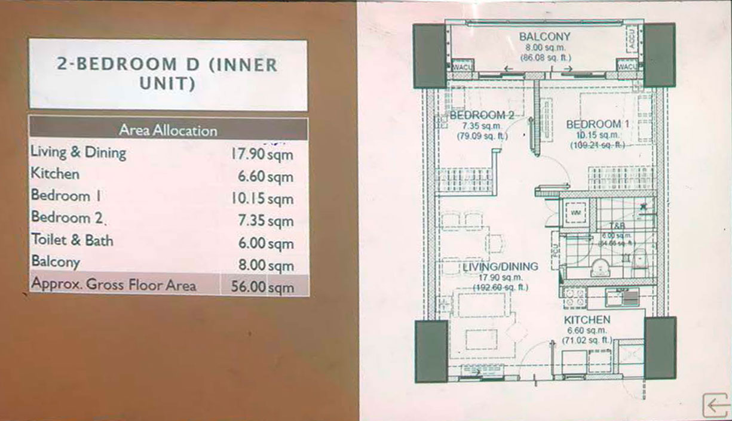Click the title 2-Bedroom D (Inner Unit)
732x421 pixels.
tap(168, 74)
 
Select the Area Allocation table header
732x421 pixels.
tap(168, 130)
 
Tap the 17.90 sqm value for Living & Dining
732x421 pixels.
tap(262, 154)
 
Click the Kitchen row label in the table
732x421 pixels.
tap(55, 174)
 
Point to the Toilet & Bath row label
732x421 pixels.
tap(72, 241)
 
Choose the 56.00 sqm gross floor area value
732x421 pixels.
tap(262, 287)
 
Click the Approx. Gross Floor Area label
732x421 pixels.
tap(113, 285)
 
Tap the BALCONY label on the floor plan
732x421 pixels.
tap(544, 37)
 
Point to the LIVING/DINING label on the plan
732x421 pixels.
tap(500, 267)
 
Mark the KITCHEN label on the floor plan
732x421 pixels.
tap(587, 320)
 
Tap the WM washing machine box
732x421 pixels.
tap(577, 212)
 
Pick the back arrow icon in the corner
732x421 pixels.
tap(715, 405)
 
